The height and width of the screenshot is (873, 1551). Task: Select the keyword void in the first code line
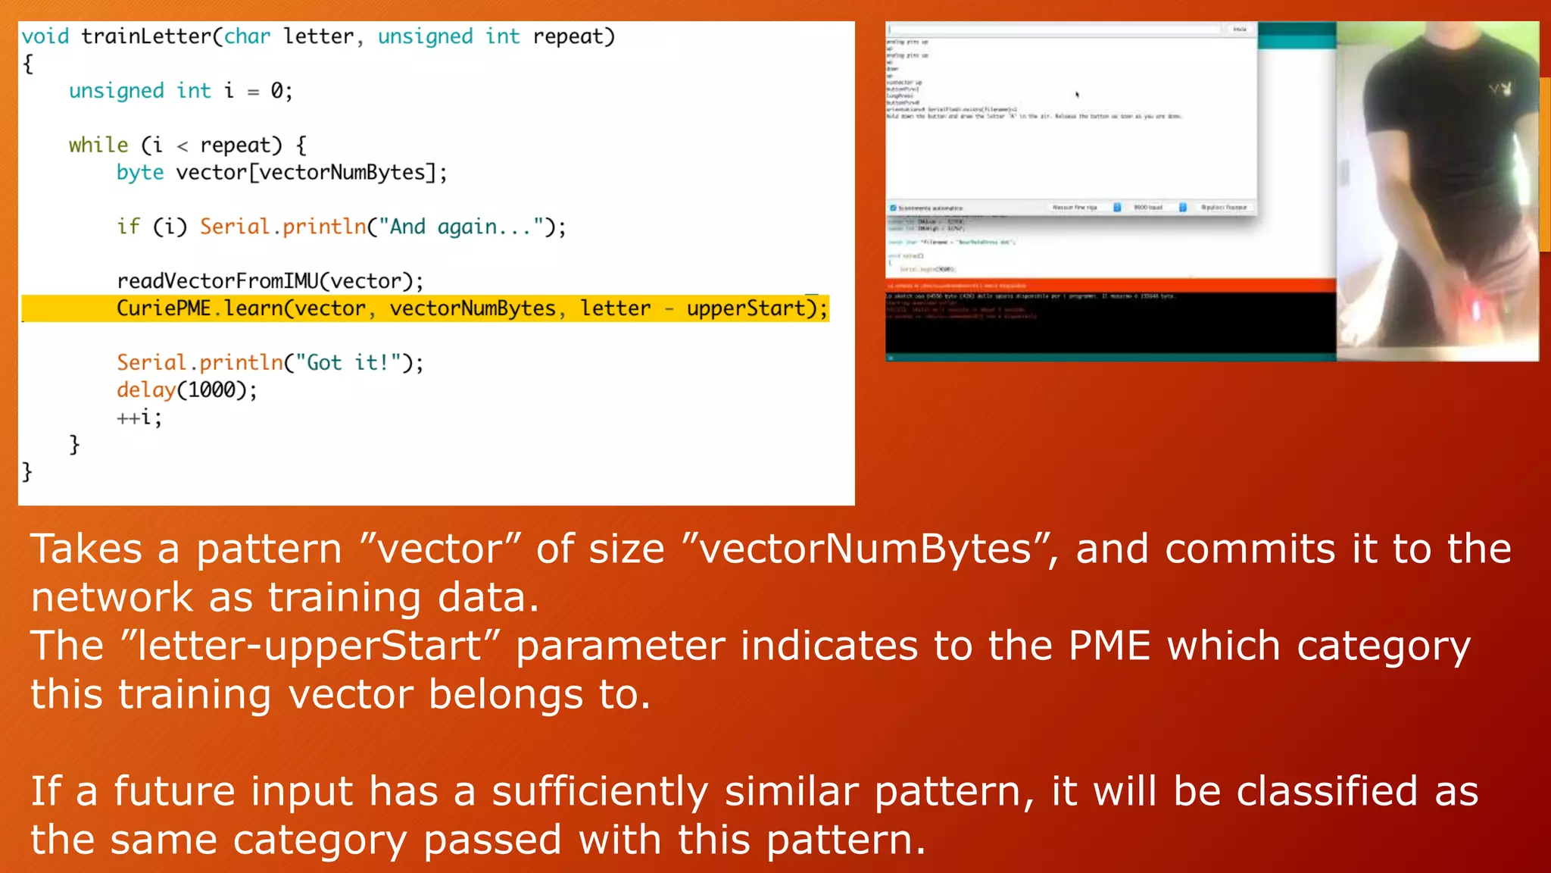[45, 36]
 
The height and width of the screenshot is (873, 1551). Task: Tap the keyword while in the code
[98, 145]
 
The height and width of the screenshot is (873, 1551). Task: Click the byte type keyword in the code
[140, 173]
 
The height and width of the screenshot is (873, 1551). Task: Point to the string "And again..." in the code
[460, 227]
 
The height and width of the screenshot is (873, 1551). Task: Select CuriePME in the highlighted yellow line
[164, 308]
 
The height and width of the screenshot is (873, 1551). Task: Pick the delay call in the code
[145, 390]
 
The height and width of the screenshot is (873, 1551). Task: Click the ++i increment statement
[139, 418]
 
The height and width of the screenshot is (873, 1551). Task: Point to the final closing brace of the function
[27, 471]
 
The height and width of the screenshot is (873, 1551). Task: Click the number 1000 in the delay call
[211, 390]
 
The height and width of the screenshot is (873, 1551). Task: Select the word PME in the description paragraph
[1109, 646]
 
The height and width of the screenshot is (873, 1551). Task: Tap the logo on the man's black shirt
[1500, 89]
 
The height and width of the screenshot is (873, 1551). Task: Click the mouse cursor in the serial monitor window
[1077, 95]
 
